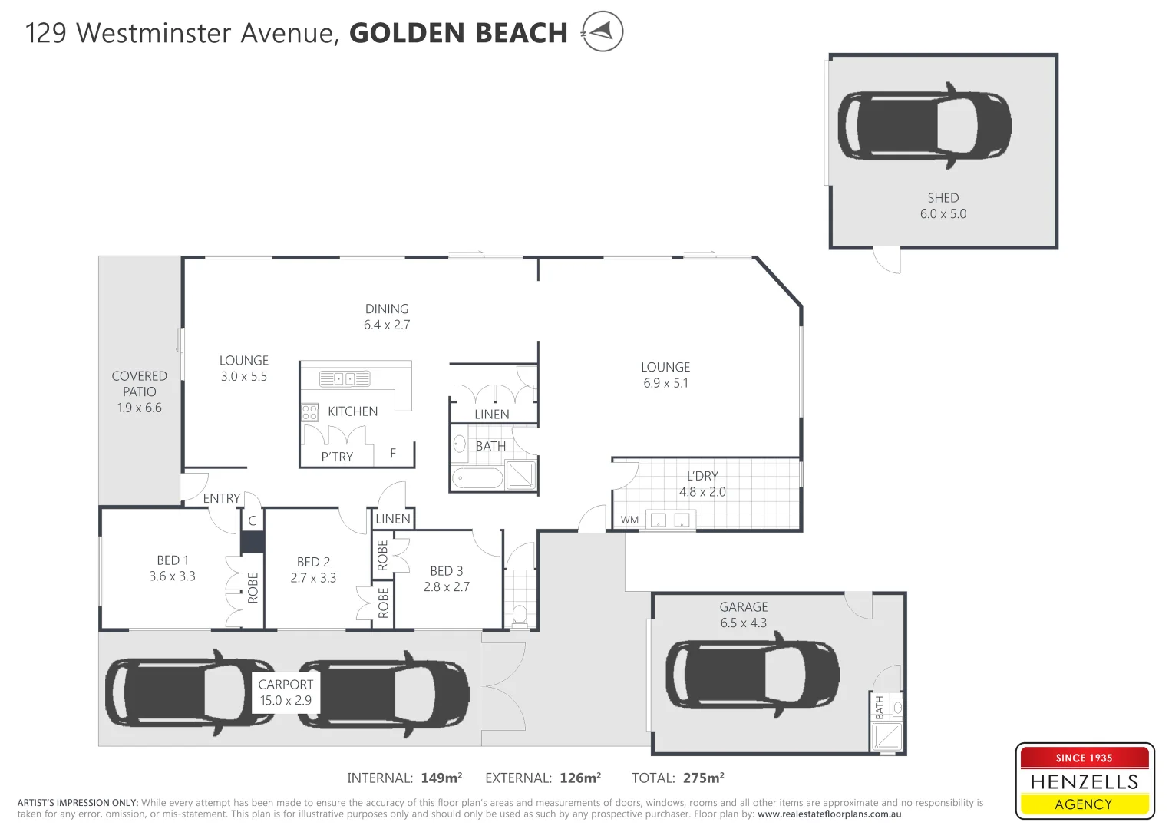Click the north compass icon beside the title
point(602,31)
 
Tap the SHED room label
point(943,198)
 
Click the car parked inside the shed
point(924,126)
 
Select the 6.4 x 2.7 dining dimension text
point(387,325)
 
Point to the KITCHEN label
point(352,411)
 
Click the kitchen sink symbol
point(345,378)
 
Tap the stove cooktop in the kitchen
point(309,412)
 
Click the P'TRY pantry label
point(337,457)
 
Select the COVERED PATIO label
point(139,384)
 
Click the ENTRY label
point(222,498)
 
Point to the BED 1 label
point(172,560)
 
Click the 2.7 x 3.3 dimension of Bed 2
point(313,578)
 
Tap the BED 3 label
point(446,571)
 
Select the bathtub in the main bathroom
point(477,478)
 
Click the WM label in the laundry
point(629,520)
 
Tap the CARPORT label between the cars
point(286,684)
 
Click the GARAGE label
point(743,607)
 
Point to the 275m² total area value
point(703,778)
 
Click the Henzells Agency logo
point(1084,781)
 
